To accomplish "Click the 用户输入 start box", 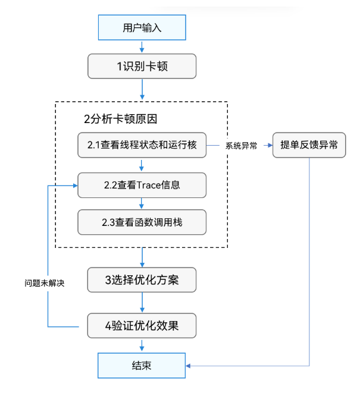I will [x=142, y=27].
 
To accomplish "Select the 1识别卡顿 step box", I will [x=142, y=66].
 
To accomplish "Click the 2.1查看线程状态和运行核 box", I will [x=142, y=144].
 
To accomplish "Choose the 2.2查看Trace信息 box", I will [x=142, y=185].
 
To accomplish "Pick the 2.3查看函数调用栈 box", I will [x=142, y=222].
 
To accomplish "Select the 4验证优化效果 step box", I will [x=142, y=326].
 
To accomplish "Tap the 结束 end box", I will [x=142, y=365].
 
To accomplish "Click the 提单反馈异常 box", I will [x=309, y=144].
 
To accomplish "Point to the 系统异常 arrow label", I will [x=241, y=145].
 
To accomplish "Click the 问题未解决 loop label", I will [x=44, y=283].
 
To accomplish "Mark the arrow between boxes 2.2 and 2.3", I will [x=142, y=204].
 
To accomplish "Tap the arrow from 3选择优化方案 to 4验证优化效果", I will [x=142, y=303].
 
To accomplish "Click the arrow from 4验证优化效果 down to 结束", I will [x=142, y=345].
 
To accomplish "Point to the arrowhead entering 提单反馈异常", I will [x=269, y=144].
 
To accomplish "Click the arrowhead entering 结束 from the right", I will [x=190, y=365].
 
